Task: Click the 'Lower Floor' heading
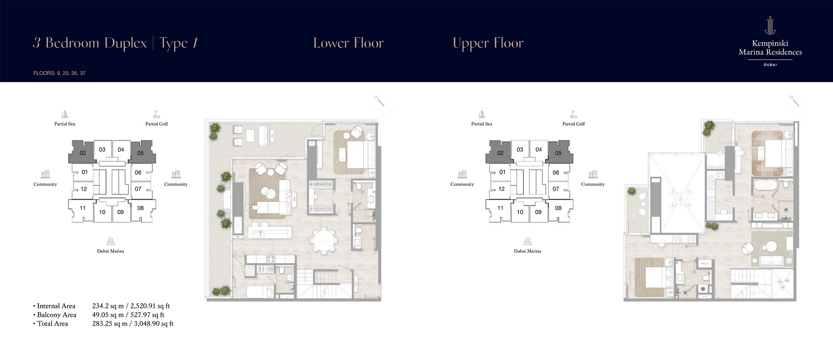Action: coord(348,43)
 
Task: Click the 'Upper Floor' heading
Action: coord(488,43)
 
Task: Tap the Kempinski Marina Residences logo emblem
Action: coord(770,26)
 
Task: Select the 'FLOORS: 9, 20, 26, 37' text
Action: coord(59,73)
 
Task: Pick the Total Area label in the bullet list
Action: coord(53,323)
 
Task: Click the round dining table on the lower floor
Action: coord(324,241)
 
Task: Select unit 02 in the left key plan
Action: coord(82,152)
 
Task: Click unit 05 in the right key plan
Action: coord(558,152)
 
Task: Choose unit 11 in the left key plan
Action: coord(83,208)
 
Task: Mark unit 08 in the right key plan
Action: coord(558,208)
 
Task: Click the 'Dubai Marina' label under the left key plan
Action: coord(111,251)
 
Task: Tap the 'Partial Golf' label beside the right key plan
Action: coord(573,124)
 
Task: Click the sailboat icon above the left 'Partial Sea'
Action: coord(64,114)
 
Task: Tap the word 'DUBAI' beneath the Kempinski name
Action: coord(770,65)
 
